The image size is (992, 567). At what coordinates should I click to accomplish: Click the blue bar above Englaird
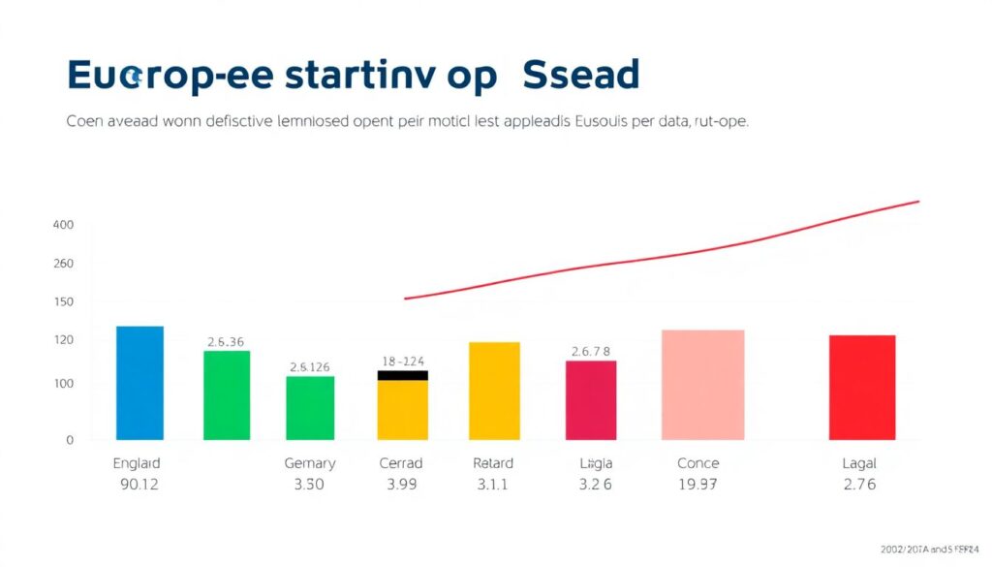pos(139,383)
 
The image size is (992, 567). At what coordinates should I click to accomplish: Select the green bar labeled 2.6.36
pos(227,395)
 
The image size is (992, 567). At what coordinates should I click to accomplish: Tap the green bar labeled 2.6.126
pos(310,408)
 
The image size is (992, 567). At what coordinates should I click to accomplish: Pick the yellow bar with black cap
pos(402,407)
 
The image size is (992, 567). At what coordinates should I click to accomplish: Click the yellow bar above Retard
pos(494,391)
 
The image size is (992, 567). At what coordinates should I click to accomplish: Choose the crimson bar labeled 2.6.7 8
pos(591,400)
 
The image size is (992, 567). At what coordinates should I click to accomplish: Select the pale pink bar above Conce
pos(702,385)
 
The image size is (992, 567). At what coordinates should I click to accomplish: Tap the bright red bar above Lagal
pos(862,388)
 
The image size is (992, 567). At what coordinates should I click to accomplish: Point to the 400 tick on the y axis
pos(63,225)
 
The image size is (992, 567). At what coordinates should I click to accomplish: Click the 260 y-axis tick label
pos(63,264)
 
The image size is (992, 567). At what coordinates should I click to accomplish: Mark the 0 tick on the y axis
pos(69,440)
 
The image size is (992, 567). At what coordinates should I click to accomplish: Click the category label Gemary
pos(310,463)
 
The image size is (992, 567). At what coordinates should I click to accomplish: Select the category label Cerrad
pos(401,463)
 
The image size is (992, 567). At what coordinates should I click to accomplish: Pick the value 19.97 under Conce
pos(698,485)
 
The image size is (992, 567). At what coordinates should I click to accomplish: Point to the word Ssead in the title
pos(580,76)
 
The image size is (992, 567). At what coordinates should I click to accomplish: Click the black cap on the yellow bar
pos(402,375)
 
